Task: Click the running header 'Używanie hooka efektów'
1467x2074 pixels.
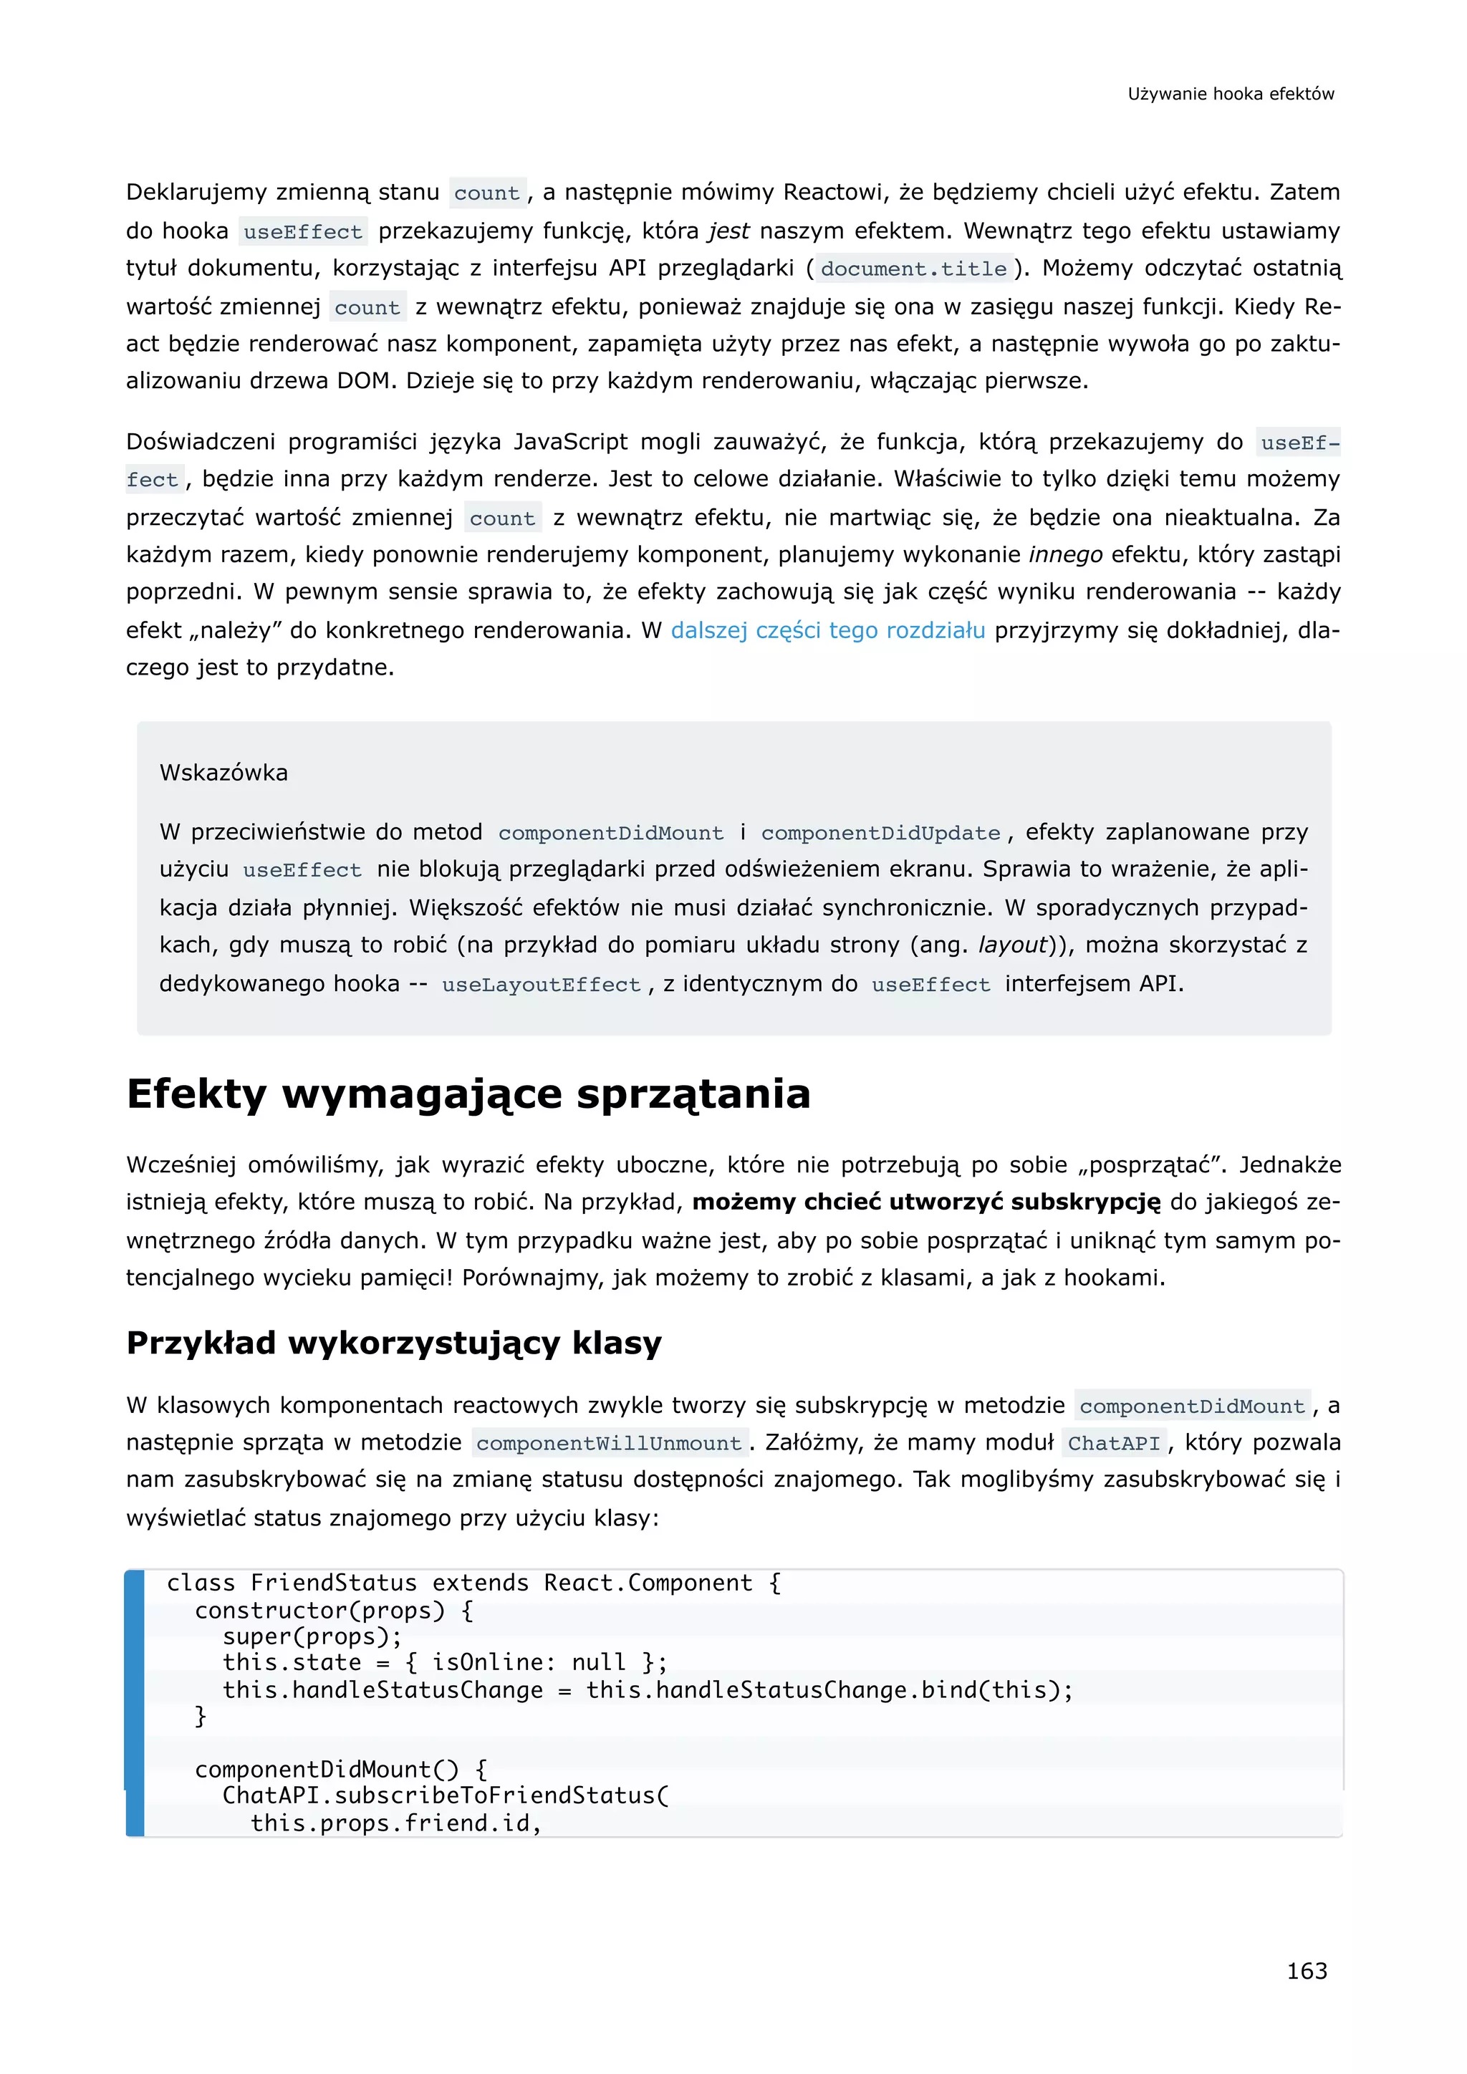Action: (x=1231, y=94)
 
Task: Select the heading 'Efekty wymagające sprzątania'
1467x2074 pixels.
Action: (x=468, y=1094)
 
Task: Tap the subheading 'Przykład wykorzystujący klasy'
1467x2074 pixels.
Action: (x=394, y=1344)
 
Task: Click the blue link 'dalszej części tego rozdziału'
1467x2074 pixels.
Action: (x=827, y=630)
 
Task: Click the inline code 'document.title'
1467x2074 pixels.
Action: (x=913, y=269)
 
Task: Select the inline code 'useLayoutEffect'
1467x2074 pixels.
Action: (x=541, y=985)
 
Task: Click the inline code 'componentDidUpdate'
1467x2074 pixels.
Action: (x=881, y=833)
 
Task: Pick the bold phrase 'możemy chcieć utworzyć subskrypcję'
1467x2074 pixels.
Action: (x=926, y=1202)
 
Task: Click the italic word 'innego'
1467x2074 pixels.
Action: (x=1065, y=554)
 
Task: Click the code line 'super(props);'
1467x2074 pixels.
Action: (x=312, y=1637)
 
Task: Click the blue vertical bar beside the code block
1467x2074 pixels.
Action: (x=135, y=1703)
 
